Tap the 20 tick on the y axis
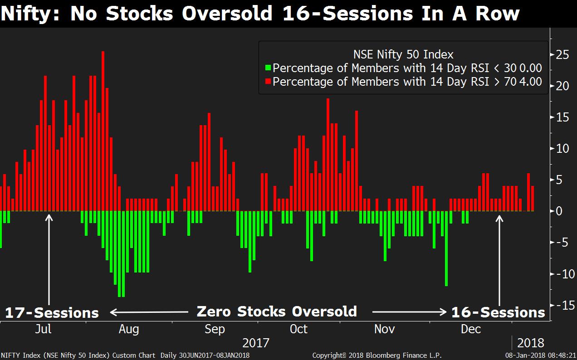click(562, 86)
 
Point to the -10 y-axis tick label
click(561, 274)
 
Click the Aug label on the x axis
click(129, 329)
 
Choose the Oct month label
click(298, 329)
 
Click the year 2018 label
click(530, 343)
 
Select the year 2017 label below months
click(256, 343)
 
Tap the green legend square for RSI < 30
click(268, 68)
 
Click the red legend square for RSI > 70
click(268, 82)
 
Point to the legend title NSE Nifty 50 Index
click(403, 55)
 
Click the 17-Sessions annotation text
click(52, 313)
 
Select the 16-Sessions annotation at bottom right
click(498, 312)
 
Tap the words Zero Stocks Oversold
click(277, 311)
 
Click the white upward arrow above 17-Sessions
click(49, 258)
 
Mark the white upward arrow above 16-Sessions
click(499, 258)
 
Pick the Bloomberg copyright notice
click(377, 355)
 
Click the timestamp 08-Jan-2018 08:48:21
click(541, 355)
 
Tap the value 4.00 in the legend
click(530, 82)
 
